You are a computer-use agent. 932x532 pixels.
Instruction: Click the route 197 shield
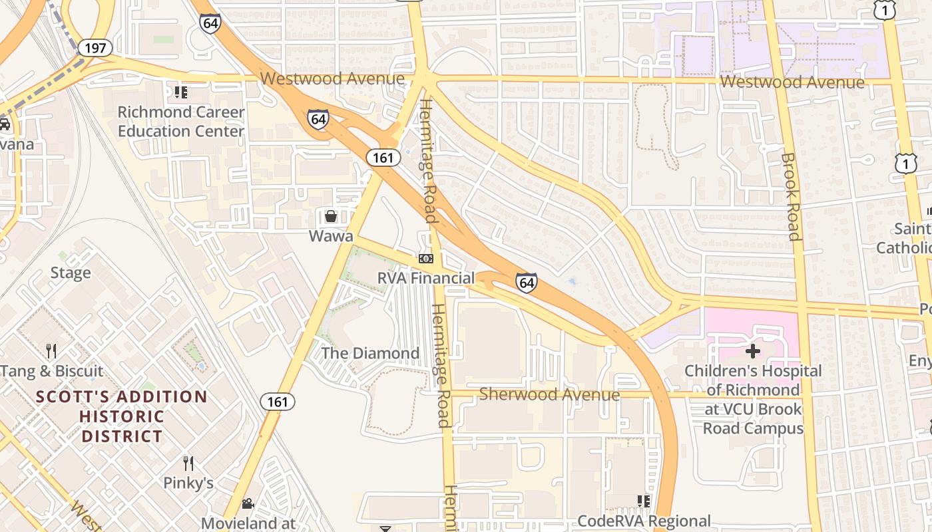[95, 47]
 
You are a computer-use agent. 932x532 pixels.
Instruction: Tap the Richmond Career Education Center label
[181, 121]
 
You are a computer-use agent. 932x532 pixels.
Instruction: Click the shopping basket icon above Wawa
[330, 216]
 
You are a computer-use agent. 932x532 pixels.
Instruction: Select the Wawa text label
[330, 236]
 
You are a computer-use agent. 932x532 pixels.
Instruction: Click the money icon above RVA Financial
[426, 258]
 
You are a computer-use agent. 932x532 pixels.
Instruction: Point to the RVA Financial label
[426, 278]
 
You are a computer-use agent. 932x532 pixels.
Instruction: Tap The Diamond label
[371, 353]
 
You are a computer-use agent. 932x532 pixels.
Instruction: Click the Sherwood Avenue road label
[549, 394]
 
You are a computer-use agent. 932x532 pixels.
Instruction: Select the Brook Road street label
[790, 196]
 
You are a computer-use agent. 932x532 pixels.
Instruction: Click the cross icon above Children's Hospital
[753, 350]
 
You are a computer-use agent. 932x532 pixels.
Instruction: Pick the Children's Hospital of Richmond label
[753, 399]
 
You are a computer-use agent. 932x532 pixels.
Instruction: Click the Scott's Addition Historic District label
[122, 416]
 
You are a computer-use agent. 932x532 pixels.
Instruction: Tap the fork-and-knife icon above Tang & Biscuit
[51, 350]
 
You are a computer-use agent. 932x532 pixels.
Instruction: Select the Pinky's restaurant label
[188, 483]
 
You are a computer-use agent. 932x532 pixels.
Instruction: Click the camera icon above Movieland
[248, 503]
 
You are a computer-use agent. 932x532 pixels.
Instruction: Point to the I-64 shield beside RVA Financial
[526, 283]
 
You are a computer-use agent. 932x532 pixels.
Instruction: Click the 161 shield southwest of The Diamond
[277, 401]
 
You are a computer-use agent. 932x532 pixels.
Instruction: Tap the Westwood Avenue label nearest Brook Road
[792, 82]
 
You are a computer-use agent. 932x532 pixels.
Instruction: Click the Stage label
[71, 273]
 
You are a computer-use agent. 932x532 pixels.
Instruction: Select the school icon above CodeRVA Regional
[644, 501]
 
